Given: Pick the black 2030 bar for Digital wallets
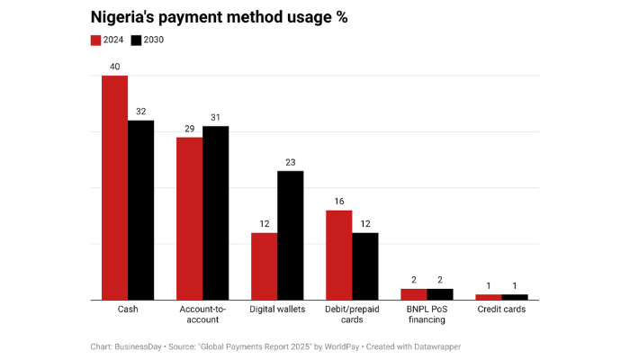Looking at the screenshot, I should (x=290, y=235).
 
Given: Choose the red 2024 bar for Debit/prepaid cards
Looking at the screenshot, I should (x=338, y=255).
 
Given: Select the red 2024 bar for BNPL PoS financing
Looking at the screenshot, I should (x=413, y=293).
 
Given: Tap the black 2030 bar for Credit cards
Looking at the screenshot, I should (x=515, y=296).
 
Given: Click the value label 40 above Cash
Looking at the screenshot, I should (x=114, y=67).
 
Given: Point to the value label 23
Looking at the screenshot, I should (x=290, y=162).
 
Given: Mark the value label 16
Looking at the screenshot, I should (x=338, y=202).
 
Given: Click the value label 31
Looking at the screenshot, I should (x=215, y=117).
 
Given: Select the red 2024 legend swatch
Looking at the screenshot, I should (x=96, y=40).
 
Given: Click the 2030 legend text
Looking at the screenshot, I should (x=153, y=40).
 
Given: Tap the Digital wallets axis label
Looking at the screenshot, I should (x=277, y=309).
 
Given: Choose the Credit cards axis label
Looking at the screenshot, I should (x=501, y=309).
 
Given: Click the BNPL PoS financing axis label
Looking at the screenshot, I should (x=427, y=313).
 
